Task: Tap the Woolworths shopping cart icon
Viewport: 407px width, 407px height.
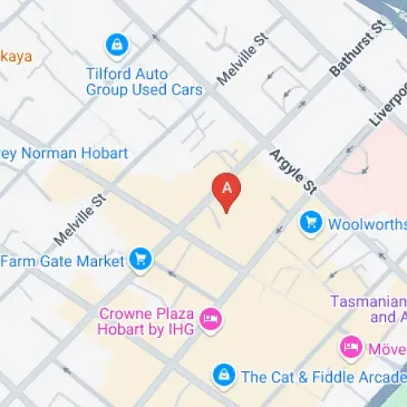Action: (x=310, y=221)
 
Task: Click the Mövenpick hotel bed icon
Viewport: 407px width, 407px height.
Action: (x=351, y=348)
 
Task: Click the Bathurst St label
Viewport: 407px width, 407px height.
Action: (x=357, y=50)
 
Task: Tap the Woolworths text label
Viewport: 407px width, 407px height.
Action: (x=365, y=222)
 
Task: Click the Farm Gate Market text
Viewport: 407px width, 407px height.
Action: (x=63, y=261)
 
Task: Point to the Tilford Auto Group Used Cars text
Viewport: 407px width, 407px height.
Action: (x=144, y=81)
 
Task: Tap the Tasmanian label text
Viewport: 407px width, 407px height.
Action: (x=368, y=301)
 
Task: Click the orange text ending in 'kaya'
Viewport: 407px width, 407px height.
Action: (x=16, y=55)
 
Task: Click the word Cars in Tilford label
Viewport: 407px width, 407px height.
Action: (x=186, y=89)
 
